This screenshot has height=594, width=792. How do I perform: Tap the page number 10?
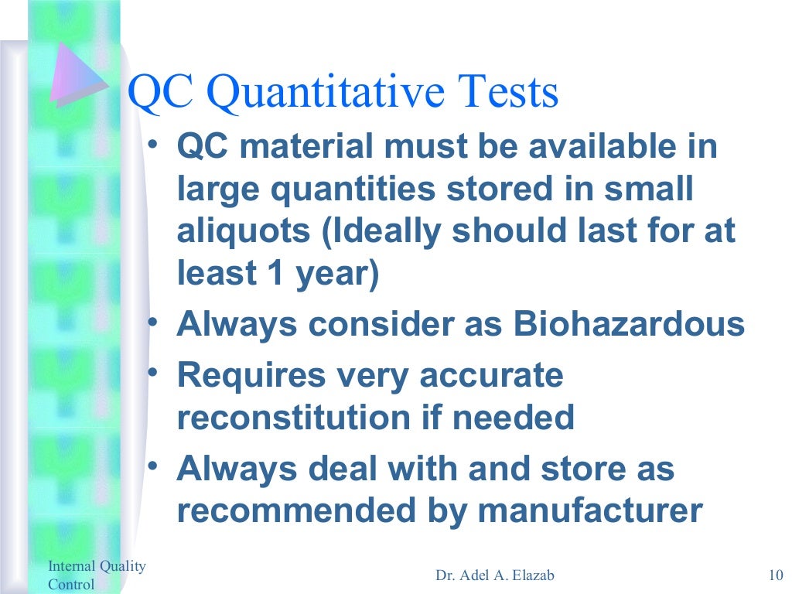click(775, 574)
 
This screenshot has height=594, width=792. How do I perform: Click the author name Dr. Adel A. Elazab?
click(495, 575)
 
